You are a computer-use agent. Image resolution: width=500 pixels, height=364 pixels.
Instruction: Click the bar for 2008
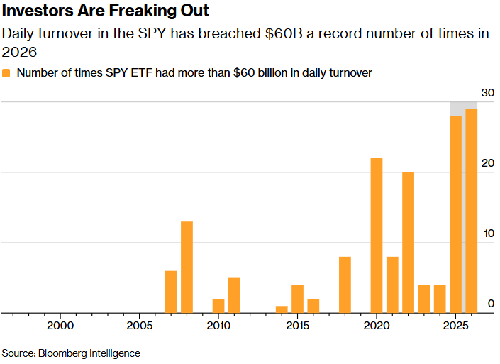tap(187, 267)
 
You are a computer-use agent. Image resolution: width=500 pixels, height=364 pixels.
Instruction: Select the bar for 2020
tap(377, 235)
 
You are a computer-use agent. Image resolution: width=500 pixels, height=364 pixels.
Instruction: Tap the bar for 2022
tap(408, 242)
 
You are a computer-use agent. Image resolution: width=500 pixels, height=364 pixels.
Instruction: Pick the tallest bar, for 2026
tap(471, 210)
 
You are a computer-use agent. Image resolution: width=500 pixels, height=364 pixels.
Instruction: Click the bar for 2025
tap(455, 214)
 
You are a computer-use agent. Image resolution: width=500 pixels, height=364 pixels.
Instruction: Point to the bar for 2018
tap(345, 284)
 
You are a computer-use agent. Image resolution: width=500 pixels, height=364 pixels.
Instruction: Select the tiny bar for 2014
tap(282, 309)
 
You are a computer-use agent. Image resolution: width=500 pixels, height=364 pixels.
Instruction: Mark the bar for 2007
tap(171, 291)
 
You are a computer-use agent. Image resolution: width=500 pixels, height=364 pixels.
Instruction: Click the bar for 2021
tap(392, 284)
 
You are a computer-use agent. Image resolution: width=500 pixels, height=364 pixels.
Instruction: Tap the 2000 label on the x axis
tap(60, 326)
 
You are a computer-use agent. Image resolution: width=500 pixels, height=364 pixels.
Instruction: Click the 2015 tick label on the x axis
tap(297, 326)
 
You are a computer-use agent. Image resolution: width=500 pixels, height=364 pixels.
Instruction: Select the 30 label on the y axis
tap(487, 93)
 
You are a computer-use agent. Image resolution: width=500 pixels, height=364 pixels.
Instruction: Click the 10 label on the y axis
tap(487, 233)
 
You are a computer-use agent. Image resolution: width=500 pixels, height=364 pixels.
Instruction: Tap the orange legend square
tap(6, 72)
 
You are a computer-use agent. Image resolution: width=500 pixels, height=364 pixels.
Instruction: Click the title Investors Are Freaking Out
tap(105, 12)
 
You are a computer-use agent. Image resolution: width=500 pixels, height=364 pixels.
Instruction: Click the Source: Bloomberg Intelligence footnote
tap(71, 353)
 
